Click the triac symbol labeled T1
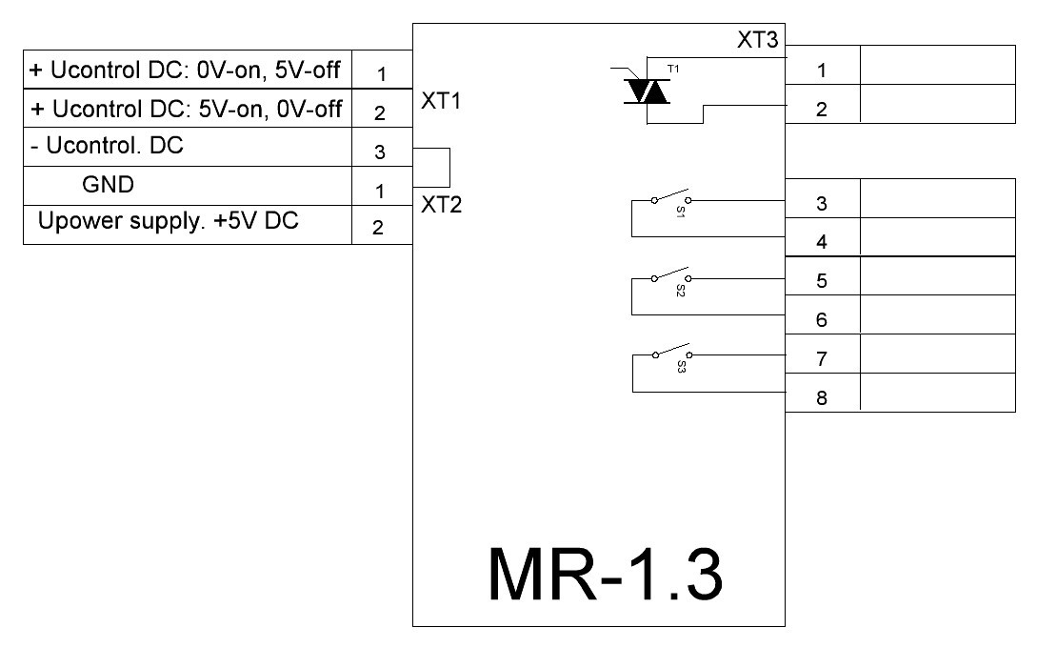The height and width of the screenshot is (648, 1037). [647, 91]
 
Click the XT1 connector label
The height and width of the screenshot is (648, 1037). [441, 101]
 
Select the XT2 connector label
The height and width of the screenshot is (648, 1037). [441, 205]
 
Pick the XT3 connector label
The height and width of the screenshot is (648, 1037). [758, 40]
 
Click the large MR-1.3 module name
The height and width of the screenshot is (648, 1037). [605, 574]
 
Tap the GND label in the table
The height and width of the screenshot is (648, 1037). [108, 184]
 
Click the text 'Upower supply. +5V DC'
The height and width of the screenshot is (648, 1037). [168, 221]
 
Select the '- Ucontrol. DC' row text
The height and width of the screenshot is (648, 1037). [107, 146]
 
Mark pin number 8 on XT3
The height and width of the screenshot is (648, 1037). [822, 397]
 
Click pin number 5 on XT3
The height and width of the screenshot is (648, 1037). [822, 281]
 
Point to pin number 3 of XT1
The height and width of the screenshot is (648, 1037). [380, 152]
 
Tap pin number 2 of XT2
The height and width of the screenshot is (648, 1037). [378, 228]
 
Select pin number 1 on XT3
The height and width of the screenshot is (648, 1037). [822, 71]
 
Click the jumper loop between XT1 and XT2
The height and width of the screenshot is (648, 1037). [449, 168]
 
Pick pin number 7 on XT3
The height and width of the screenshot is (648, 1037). [822, 358]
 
